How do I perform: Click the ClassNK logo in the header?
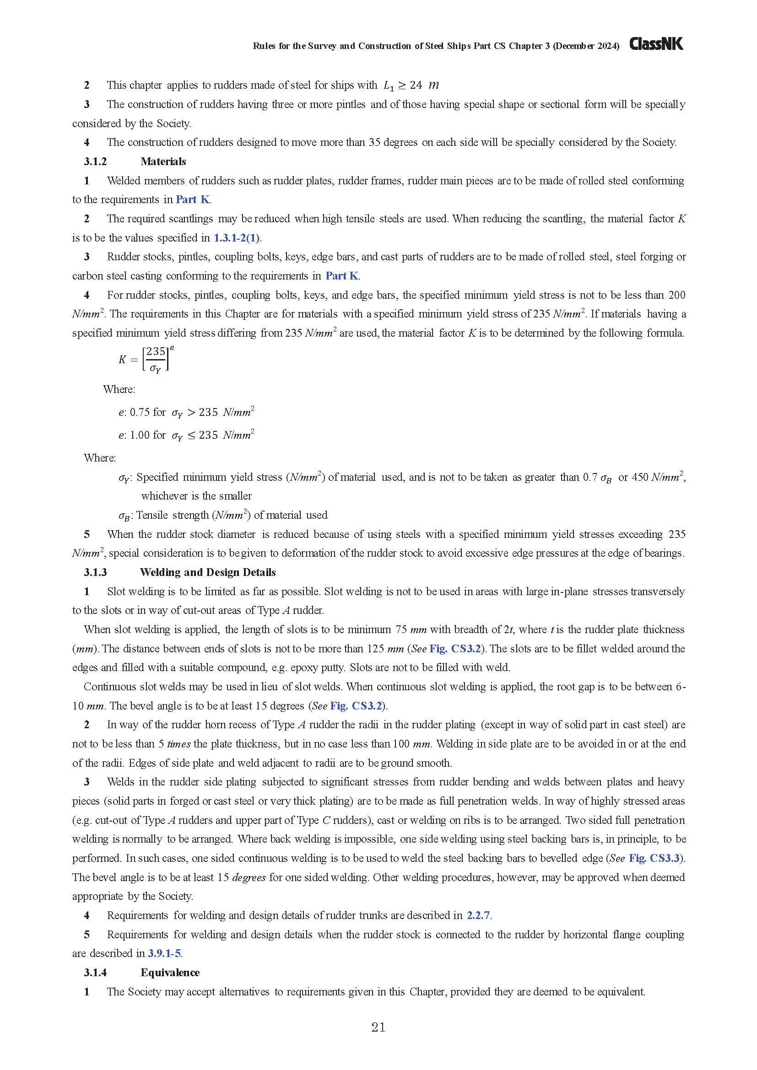[x=656, y=44]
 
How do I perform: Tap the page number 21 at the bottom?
[x=378, y=1027]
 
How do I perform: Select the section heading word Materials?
[x=163, y=161]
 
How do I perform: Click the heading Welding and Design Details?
[x=207, y=572]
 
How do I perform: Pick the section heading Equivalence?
[x=170, y=973]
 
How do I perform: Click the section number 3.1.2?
[x=95, y=161]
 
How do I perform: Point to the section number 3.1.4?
[x=95, y=973]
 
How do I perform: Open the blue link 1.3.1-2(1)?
[x=237, y=238]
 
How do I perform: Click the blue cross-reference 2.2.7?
[x=478, y=915]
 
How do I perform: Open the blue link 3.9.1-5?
[x=165, y=953]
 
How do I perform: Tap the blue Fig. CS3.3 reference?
[x=654, y=858]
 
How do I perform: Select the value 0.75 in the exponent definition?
[x=140, y=413]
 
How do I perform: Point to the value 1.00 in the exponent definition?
[x=140, y=435]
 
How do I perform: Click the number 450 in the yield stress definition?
[x=639, y=477]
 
